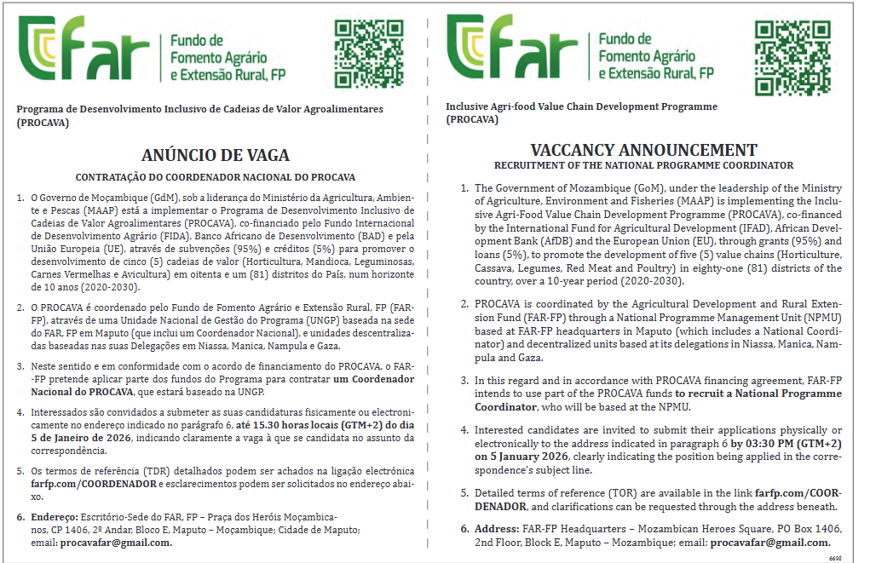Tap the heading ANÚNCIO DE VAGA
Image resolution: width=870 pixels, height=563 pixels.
(216, 155)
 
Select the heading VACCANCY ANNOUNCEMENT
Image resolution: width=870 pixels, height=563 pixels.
(643, 150)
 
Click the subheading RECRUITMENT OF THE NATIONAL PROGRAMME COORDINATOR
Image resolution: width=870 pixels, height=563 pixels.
(643, 165)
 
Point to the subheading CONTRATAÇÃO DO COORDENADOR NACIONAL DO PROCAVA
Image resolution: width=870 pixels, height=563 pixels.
(216, 177)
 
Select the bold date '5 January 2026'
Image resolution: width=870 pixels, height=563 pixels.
(512, 456)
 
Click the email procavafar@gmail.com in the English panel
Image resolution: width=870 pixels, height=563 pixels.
(770, 543)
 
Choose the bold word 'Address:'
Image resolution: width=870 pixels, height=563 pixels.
(496, 529)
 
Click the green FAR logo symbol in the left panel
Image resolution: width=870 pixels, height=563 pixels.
(48, 49)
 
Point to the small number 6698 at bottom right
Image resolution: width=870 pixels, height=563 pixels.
(835, 558)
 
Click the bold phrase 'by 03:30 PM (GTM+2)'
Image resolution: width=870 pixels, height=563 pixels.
(785, 443)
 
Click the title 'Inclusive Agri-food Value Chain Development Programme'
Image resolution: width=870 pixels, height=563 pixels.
(581, 107)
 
